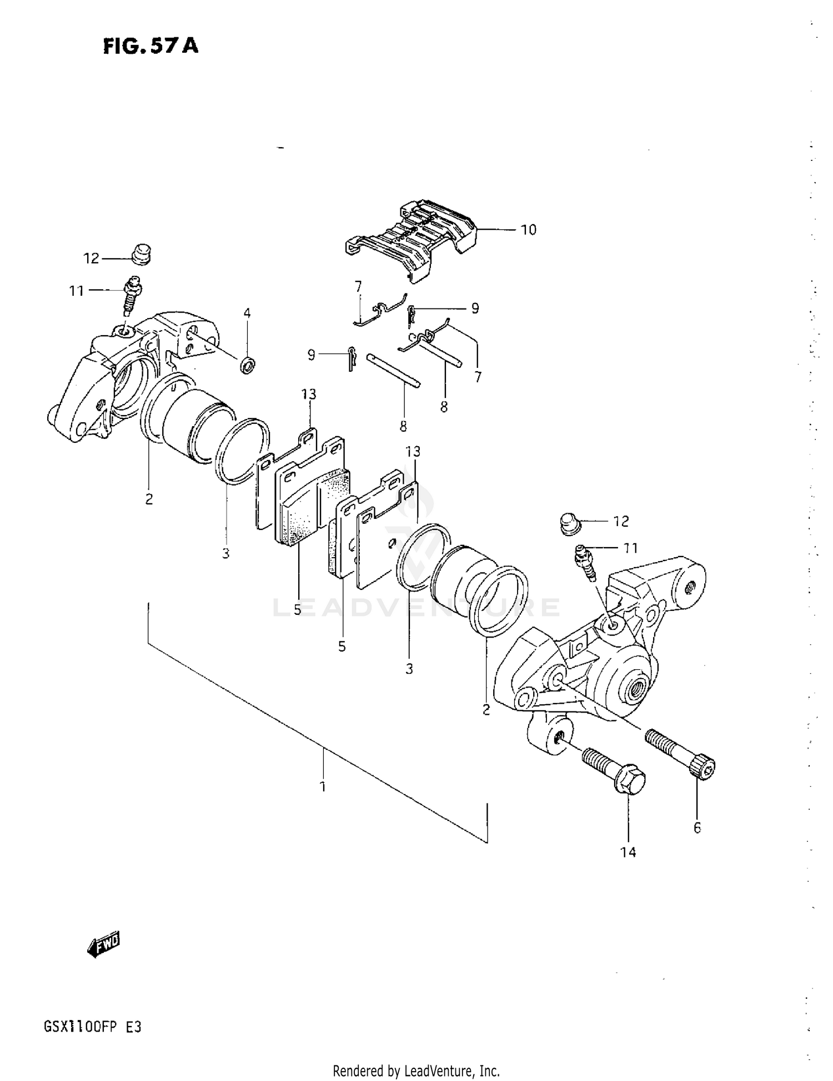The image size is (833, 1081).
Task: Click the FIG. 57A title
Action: pyautogui.click(x=150, y=46)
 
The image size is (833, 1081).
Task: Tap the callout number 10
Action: pyautogui.click(x=528, y=230)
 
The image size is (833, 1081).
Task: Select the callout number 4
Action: pyautogui.click(x=247, y=314)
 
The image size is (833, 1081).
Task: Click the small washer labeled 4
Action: pyautogui.click(x=248, y=366)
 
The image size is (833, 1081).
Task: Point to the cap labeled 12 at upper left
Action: pyautogui.click(x=142, y=255)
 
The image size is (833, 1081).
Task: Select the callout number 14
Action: pyautogui.click(x=628, y=852)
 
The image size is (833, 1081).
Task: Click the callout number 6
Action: pyautogui.click(x=697, y=827)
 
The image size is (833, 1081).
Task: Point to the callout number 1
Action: pyautogui.click(x=323, y=786)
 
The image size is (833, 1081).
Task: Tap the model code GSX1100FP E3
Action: pyautogui.click(x=92, y=1027)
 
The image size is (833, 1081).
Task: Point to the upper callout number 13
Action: pyautogui.click(x=309, y=394)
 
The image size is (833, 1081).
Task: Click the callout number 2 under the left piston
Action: pyautogui.click(x=149, y=499)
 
